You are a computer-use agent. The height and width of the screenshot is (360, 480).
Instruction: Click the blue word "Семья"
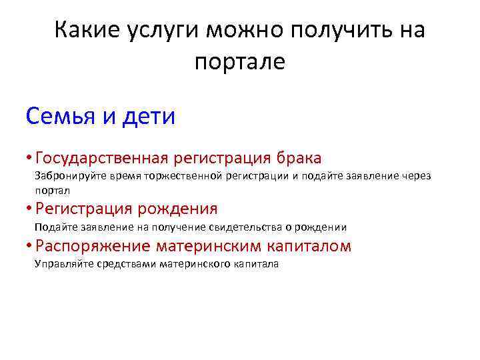coord(62,117)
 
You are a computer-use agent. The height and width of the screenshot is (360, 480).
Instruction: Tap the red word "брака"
coord(297,159)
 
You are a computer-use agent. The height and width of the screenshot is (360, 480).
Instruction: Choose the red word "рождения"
coord(177,209)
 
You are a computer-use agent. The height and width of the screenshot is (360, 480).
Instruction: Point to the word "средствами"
coord(124,265)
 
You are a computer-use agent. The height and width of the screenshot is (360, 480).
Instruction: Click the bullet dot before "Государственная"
coord(28,159)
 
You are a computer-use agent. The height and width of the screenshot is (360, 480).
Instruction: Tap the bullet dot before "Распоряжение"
coord(28,246)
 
